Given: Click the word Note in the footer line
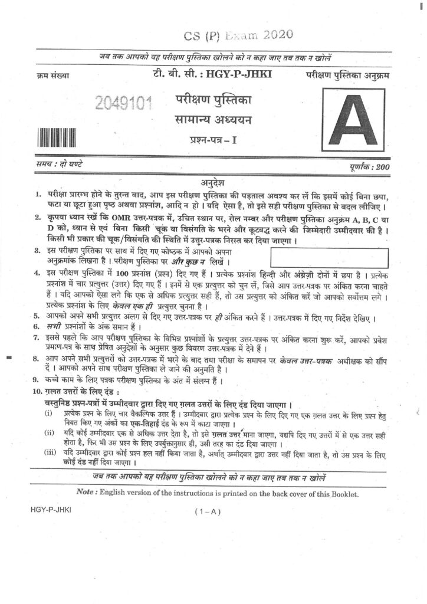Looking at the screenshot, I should [x=87, y=493].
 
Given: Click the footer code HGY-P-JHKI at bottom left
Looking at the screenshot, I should [x=49, y=511].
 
